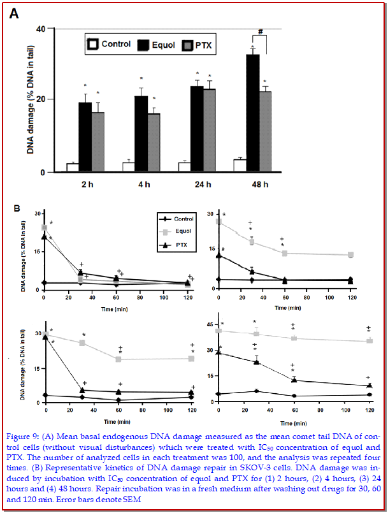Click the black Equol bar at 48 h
tap(253, 113)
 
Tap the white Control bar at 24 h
tap(185, 167)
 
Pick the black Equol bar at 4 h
tap(141, 134)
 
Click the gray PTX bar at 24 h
tap(209, 131)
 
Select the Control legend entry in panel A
tap(110, 45)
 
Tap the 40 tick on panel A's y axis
tap(41, 29)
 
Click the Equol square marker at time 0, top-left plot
tap(44, 227)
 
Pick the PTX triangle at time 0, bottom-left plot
tap(45, 336)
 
